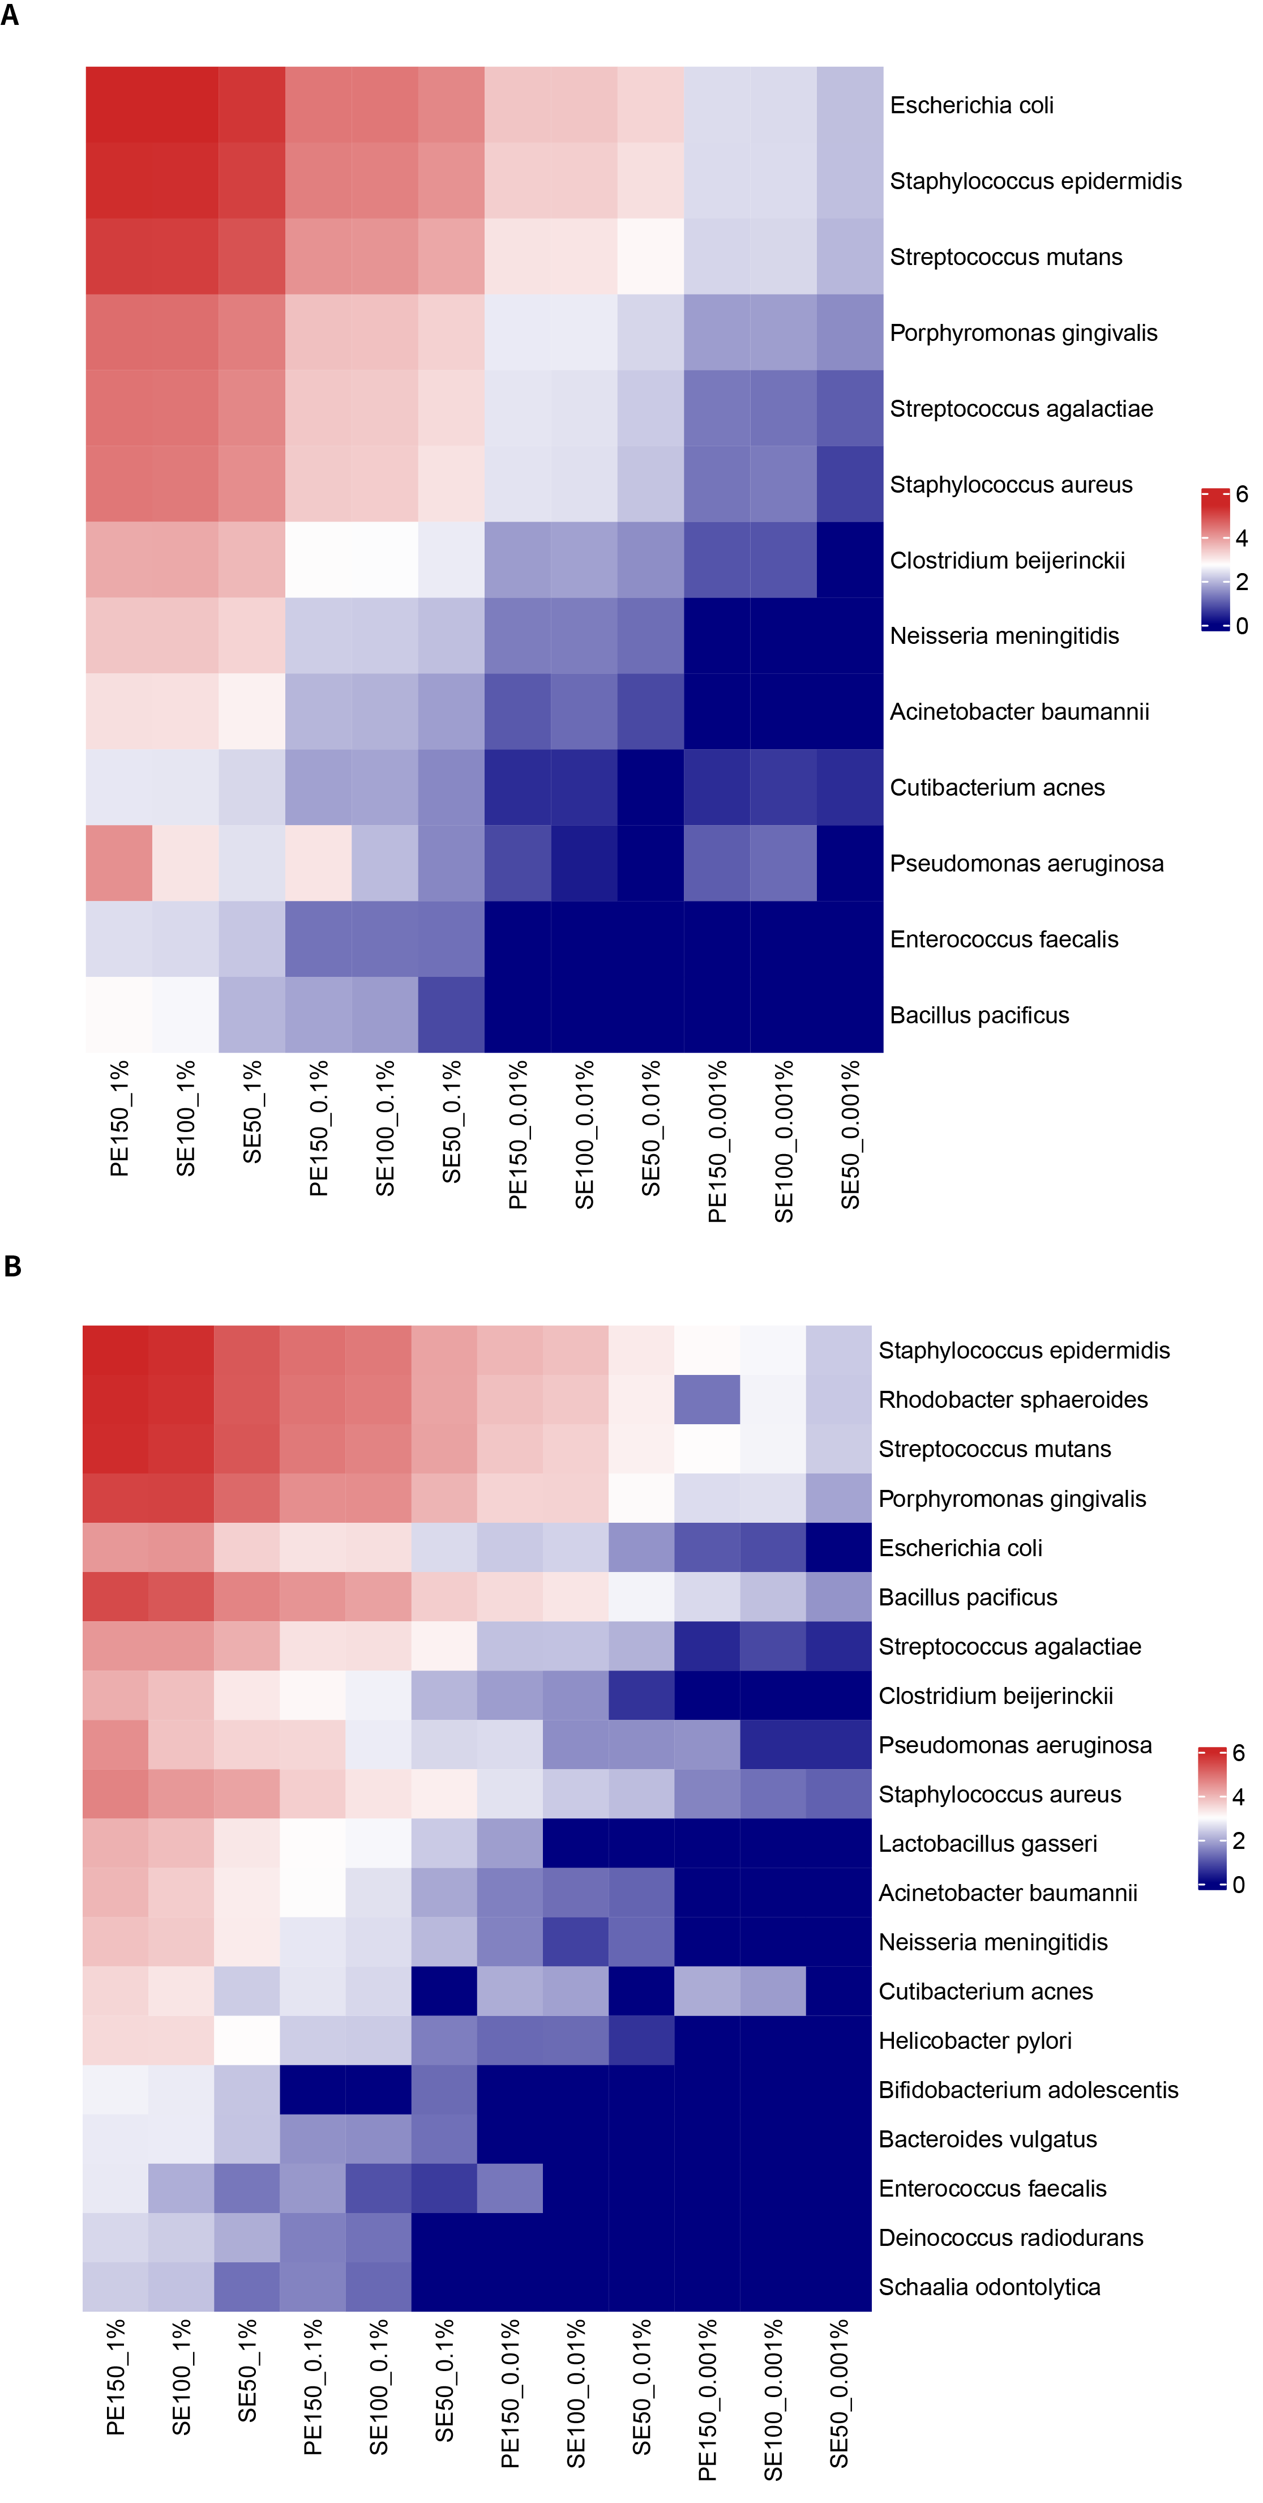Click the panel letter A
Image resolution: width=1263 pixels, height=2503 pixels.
point(10,15)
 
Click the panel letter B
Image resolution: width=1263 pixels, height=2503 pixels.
point(12,1266)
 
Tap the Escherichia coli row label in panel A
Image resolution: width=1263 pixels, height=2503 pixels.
point(971,105)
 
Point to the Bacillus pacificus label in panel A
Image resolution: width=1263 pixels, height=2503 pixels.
point(979,1015)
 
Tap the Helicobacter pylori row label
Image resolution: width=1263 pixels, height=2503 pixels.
point(974,2040)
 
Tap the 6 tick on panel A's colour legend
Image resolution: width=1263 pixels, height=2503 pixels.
point(1241,494)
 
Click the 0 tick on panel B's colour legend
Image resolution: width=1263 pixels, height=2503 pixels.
point(1238,1885)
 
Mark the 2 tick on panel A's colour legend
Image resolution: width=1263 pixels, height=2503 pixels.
point(1241,582)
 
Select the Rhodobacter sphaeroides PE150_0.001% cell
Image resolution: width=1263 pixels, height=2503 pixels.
point(707,1399)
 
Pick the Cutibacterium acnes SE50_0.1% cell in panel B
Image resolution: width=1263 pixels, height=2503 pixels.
point(444,1991)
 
